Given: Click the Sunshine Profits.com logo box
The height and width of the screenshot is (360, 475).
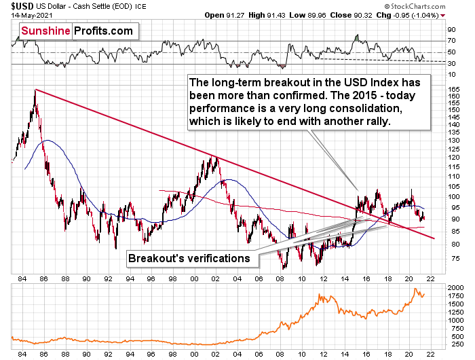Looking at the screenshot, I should pos(76,32).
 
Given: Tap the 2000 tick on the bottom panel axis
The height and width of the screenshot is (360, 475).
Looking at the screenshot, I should pos(456,288).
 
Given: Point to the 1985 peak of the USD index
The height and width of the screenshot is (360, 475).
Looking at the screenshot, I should pos(35,90).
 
